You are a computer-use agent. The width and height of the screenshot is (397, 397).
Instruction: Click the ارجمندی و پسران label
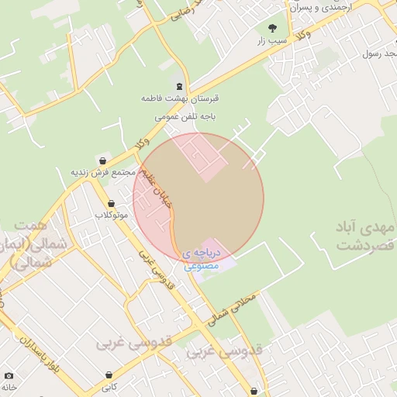point(319,7)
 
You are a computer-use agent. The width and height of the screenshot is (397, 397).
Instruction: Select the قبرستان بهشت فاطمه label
point(180,100)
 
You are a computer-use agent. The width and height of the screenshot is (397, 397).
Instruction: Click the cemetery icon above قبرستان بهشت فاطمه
point(180,86)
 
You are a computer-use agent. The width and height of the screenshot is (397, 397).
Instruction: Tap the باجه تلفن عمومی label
point(184,116)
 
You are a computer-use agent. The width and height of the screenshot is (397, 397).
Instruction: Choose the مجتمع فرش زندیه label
point(103,171)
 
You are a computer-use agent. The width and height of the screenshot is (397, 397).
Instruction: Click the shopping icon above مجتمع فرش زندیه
point(102,161)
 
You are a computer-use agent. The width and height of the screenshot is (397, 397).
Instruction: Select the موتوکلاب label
point(111,214)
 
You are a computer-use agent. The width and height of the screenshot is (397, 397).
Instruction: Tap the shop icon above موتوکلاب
point(111,203)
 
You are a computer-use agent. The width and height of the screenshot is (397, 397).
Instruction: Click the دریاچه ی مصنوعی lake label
point(202,259)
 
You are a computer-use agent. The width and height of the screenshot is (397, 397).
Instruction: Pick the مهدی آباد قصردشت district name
point(365,236)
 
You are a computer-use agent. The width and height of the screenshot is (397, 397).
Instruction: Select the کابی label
point(109,385)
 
